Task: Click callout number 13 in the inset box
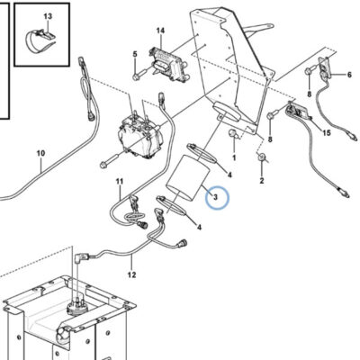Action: point(48,16)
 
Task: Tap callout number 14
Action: point(160,31)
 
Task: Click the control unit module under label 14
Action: point(168,64)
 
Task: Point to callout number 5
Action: point(135,54)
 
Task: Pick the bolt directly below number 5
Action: point(139,75)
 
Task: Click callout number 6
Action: point(349,74)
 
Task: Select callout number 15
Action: point(327,132)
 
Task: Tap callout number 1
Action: point(234,157)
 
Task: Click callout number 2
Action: point(262,180)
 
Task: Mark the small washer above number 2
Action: point(262,157)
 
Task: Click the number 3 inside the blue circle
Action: point(215,197)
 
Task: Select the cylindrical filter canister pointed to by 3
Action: point(187,178)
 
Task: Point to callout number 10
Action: point(40,153)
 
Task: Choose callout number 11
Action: point(120,181)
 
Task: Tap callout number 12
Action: point(131,274)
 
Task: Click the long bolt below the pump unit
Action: point(112,160)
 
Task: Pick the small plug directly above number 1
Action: point(234,133)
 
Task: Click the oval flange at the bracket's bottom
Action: point(227,112)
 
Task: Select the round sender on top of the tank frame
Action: point(77,307)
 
